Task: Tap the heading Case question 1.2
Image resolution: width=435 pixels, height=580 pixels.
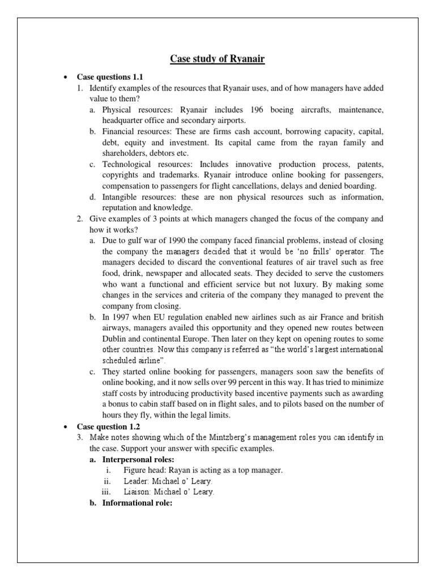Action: tap(107, 426)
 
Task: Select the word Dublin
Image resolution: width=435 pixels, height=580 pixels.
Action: tap(116, 339)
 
